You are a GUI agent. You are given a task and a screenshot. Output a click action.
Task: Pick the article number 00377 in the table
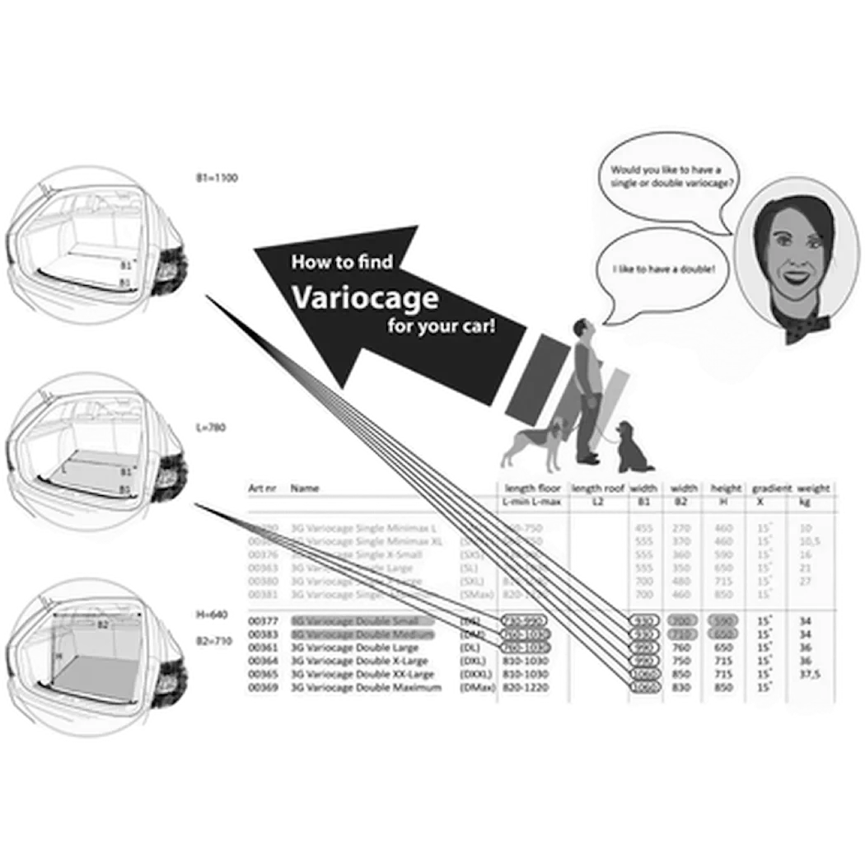coord(260,620)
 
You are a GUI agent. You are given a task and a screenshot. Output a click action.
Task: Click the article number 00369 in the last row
coord(260,686)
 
